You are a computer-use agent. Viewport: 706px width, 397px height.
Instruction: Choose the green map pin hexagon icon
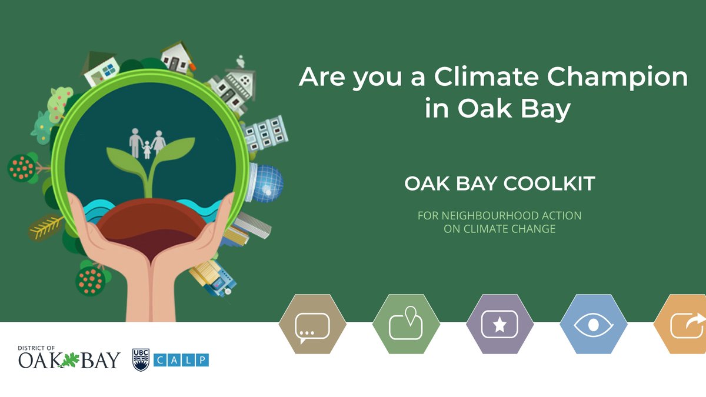click(x=406, y=325)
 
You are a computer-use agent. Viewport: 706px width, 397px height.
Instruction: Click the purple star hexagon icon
click(x=499, y=325)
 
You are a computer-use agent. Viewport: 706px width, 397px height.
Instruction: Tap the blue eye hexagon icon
click(x=593, y=325)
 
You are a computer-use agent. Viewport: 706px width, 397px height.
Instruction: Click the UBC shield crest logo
click(x=140, y=359)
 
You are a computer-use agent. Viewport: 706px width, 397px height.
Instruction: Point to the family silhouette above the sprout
click(x=146, y=144)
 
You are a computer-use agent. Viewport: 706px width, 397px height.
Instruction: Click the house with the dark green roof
click(x=100, y=67)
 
